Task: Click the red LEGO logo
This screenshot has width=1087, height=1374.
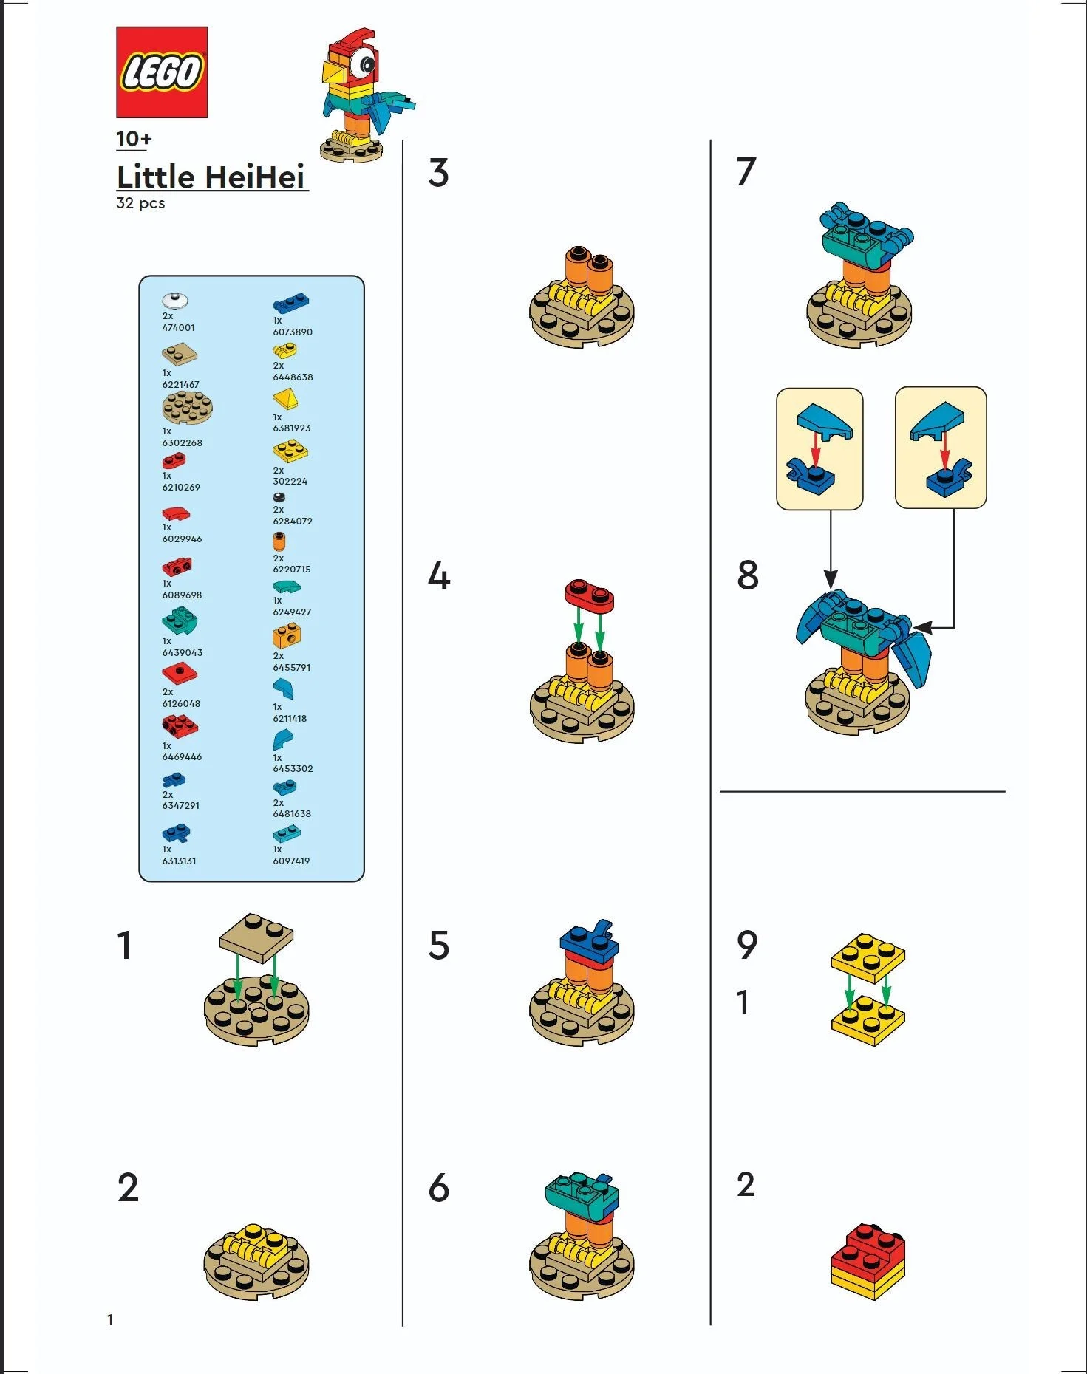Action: pos(162,72)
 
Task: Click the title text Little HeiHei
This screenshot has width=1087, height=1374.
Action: pos(211,177)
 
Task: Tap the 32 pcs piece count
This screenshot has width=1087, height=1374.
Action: pos(140,203)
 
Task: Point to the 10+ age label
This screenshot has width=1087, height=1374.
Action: pos(134,139)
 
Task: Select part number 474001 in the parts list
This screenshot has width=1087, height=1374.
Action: pos(179,327)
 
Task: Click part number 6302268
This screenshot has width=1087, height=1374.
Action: pos(182,442)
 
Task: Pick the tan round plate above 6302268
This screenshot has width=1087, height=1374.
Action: pos(187,408)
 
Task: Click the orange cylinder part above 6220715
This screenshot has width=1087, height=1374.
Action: pos(279,542)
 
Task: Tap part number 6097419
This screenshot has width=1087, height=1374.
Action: pos(291,861)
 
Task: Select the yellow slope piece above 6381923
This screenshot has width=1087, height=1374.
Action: pos(285,400)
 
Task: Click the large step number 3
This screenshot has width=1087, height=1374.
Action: pos(438,174)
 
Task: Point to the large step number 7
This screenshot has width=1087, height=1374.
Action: pos(746,172)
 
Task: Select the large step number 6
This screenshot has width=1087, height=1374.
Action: pos(439,1188)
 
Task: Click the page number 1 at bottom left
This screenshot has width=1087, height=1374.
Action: pos(110,1319)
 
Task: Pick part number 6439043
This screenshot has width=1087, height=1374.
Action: pos(182,652)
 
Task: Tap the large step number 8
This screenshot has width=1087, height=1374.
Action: pos(747,575)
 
